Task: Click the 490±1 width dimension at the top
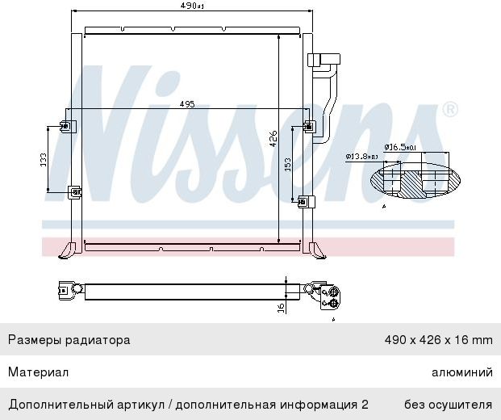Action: pyautogui.click(x=192, y=6)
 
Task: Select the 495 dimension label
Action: pyautogui.click(x=187, y=104)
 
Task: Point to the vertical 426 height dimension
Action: pyautogui.click(x=273, y=138)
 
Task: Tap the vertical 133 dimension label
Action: pyautogui.click(x=44, y=159)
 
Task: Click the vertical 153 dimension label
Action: pyautogui.click(x=287, y=165)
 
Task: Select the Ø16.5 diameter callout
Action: pyautogui.click(x=399, y=147)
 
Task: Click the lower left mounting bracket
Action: pyautogui.click(x=74, y=192)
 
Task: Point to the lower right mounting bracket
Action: pyautogui.click(x=304, y=201)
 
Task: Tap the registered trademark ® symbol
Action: pyautogui.click(x=450, y=109)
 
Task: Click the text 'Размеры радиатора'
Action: pyautogui.click(x=69, y=340)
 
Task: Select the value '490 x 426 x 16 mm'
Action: pyautogui.click(x=437, y=340)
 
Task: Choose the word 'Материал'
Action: pyautogui.click(x=38, y=372)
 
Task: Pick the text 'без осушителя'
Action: pyautogui.click(x=448, y=404)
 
